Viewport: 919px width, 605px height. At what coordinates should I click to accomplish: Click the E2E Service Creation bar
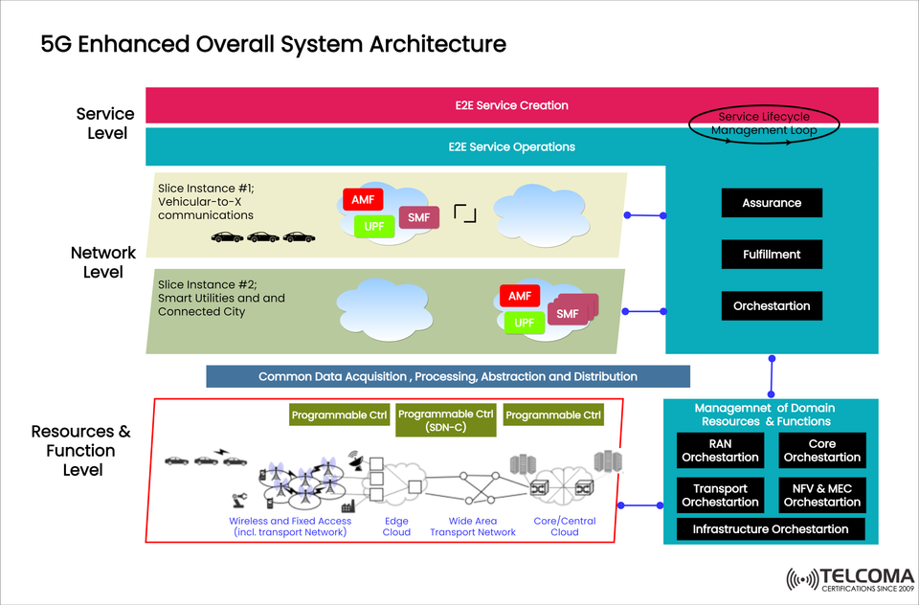click(x=511, y=105)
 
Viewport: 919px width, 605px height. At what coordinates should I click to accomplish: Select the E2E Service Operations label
click(x=511, y=147)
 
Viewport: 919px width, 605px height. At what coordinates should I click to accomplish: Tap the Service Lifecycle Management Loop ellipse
click(x=764, y=123)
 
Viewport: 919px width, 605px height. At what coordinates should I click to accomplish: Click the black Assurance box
click(x=771, y=203)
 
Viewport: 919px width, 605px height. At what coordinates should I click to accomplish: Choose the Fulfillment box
click(x=771, y=255)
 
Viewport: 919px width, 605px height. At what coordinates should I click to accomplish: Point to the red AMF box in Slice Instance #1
click(x=363, y=200)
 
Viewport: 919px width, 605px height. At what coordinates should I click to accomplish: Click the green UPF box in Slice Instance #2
click(x=524, y=323)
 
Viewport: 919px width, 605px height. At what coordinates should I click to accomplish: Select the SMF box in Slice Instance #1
click(x=418, y=218)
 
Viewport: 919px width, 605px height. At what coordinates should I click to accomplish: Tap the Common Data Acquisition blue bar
click(x=448, y=376)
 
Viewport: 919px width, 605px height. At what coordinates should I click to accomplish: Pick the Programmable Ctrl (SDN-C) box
click(x=446, y=420)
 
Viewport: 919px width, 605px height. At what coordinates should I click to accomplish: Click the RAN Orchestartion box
click(x=720, y=451)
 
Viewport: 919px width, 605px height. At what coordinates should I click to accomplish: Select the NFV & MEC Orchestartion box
click(x=822, y=495)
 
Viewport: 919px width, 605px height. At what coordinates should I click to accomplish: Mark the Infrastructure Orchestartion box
click(x=771, y=529)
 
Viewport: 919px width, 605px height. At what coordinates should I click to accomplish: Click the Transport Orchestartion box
click(x=720, y=495)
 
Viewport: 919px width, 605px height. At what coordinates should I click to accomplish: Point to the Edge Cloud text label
click(x=396, y=527)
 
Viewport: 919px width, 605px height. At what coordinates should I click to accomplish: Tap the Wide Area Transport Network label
click(x=473, y=527)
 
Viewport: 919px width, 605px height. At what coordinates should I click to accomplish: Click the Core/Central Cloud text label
click(x=564, y=527)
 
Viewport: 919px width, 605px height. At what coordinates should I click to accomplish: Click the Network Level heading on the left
click(x=103, y=262)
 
